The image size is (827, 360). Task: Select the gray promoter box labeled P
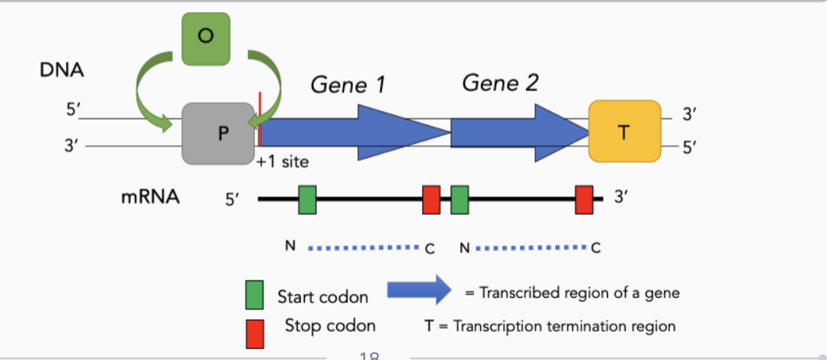(x=219, y=133)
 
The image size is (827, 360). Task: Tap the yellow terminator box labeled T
(x=624, y=131)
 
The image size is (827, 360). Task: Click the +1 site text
(x=283, y=162)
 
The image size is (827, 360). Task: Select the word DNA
(x=62, y=70)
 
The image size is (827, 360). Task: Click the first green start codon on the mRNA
(x=307, y=199)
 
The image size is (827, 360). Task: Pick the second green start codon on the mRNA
(x=459, y=199)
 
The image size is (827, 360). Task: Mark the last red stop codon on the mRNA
(x=584, y=199)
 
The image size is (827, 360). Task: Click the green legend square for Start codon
(x=254, y=295)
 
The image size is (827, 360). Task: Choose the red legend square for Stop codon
(x=255, y=332)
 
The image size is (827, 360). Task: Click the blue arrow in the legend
(x=420, y=291)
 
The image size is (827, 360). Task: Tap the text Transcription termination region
(x=564, y=326)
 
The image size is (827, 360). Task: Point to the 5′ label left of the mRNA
(x=232, y=200)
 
